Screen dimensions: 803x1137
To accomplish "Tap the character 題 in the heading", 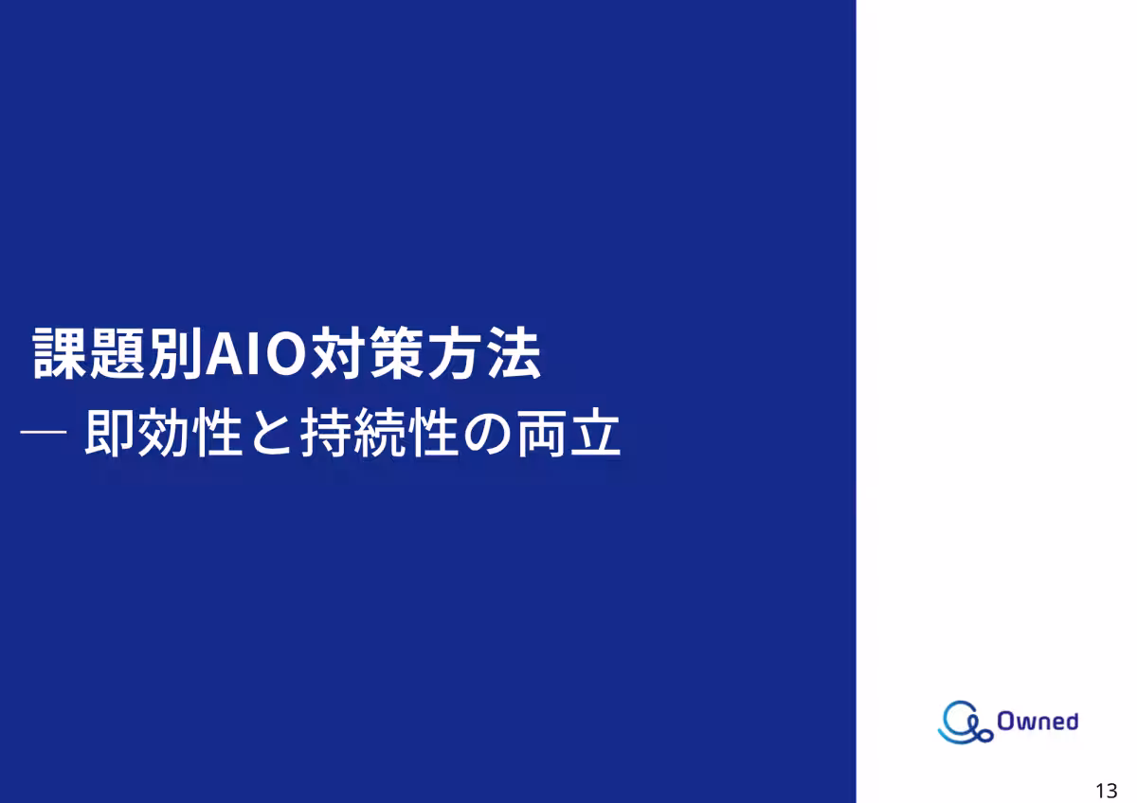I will click(118, 355).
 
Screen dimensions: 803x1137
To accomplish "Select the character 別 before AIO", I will click(175, 355).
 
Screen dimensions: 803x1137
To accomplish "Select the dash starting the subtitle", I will click(43, 433).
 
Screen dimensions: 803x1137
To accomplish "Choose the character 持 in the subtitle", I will click(325, 435).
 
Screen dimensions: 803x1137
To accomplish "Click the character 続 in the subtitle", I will click(379, 435).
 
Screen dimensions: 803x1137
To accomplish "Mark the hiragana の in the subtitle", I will click(487, 435).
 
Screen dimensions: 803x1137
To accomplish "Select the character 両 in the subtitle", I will click(541, 435).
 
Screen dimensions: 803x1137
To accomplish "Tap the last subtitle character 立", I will click(595, 435).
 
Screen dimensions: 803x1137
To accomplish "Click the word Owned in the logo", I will click(1038, 722).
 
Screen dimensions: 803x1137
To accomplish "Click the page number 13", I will click(1106, 792).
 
